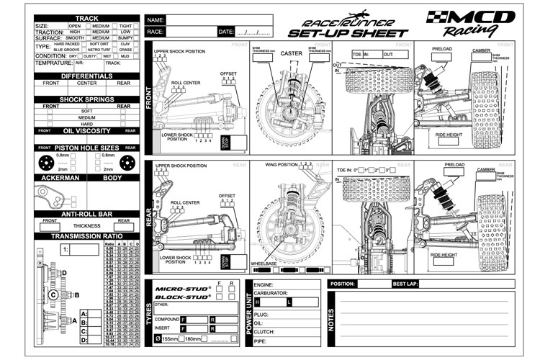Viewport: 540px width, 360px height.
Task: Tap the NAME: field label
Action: pos(156,19)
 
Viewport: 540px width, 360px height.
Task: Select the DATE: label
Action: pos(226,32)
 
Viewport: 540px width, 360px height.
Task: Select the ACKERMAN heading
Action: pos(60,176)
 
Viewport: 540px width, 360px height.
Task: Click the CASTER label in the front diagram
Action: pos(292,53)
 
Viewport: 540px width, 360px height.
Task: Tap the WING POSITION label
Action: pos(282,164)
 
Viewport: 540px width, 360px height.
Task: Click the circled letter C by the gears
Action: pos(54,294)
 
